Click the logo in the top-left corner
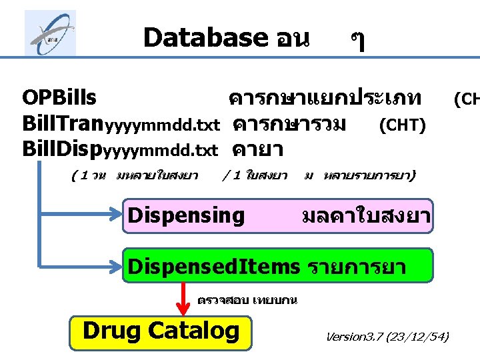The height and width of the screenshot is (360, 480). point(50,33)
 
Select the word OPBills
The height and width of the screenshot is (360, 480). point(59,99)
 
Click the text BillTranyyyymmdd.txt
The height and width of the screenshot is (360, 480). point(121,124)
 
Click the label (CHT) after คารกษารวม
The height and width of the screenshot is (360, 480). point(402,125)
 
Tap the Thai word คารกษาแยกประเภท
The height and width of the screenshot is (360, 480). point(325,99)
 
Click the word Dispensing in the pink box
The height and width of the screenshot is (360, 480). point(186,215)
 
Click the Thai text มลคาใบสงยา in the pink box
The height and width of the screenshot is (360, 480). point(365,216)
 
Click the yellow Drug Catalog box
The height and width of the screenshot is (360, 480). point(161,331)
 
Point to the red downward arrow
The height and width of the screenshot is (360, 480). point(183,298)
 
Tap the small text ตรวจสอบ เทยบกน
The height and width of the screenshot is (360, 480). point(247,300)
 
